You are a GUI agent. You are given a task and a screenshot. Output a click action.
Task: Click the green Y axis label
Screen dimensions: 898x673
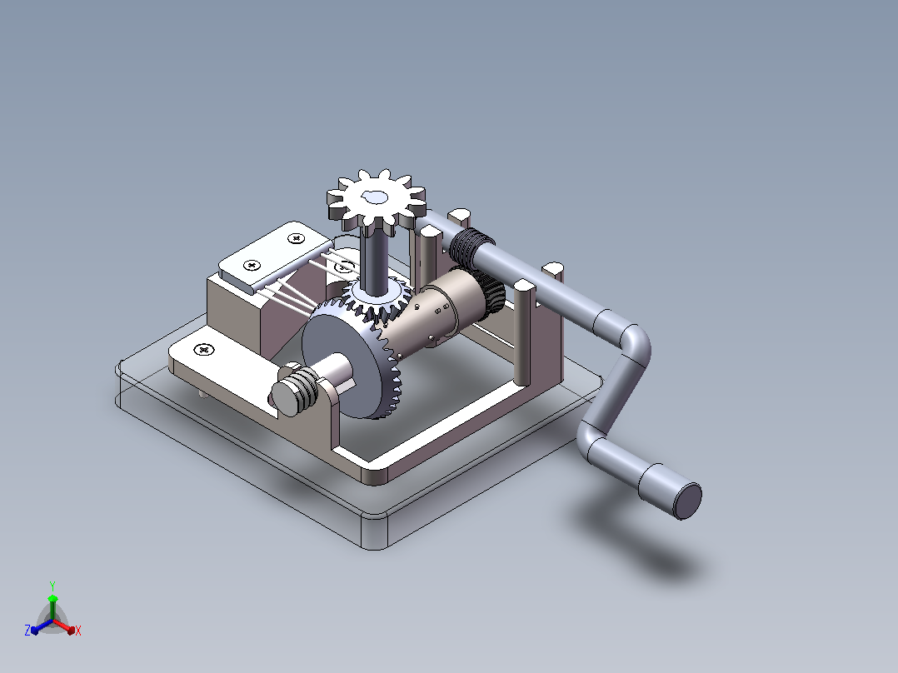pyautogui.click(x=52, y=586)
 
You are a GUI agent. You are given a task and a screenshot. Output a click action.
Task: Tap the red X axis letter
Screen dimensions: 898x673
pyautogui.click(x=78, y=631)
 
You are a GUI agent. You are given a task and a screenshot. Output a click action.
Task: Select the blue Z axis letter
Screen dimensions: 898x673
pyautogui.click(x=27, y=630)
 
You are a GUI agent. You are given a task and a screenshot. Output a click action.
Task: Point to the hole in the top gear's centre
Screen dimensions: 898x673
pyautogui.click(x=376, y=198)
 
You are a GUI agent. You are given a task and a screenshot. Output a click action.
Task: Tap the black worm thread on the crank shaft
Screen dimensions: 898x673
pyautogui.click(x=471, y=247)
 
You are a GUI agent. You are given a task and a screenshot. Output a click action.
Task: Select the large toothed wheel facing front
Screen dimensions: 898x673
pyautogui.click(x=351, y=358)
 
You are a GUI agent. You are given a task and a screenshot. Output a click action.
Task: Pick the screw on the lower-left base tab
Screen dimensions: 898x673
pyautogui.click(x=204, y=349)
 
